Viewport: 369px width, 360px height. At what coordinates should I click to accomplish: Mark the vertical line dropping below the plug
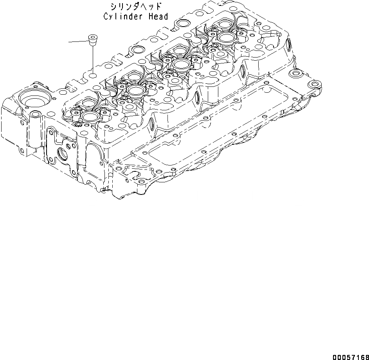click(x=92, y=59)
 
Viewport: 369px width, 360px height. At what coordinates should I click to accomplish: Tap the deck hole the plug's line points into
click(x=92, y=75)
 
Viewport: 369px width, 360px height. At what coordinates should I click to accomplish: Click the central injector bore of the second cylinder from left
click(x=134, y=91)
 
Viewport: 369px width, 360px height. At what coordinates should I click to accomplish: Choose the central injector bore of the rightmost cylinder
click(x=227, y=38)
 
